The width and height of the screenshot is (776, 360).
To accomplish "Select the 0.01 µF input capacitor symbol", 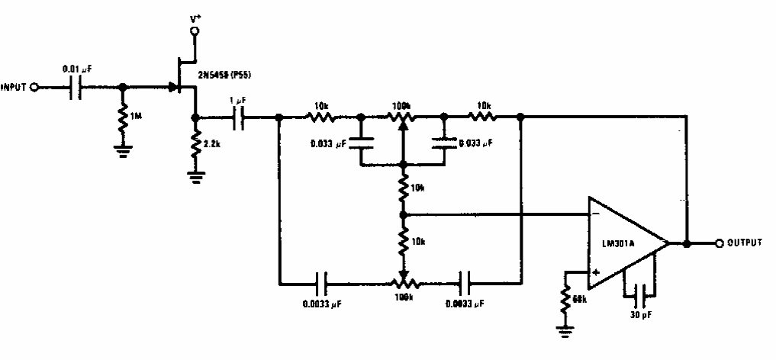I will pos(78,88).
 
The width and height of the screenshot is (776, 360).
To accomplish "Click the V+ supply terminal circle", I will pos(194,31).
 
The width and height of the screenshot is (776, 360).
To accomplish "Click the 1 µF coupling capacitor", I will pos(240,117).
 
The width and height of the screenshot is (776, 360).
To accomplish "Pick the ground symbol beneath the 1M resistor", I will pos(121,149).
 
